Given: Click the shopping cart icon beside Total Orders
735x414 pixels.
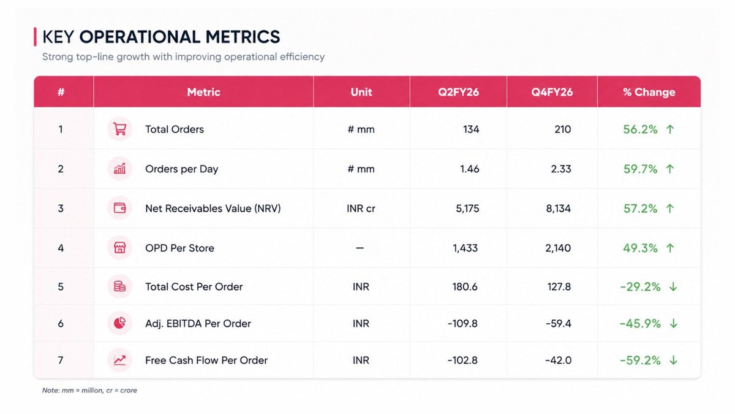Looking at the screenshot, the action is (119, 129).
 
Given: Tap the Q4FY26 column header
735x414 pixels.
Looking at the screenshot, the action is (552, 92).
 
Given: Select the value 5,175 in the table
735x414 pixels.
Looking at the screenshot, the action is (467, 209).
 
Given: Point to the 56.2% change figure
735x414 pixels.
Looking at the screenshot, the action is (640, 129).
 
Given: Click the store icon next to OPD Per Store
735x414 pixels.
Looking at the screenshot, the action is (119, 248).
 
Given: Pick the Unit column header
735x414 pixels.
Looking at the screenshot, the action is (361, 92).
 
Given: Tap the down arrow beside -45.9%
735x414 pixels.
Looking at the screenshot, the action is (673, 324).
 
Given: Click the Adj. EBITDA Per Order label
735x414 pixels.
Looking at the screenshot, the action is (198, 324).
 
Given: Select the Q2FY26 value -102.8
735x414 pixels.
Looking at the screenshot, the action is (462, 361).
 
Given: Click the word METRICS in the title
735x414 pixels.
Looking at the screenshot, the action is (243, 37).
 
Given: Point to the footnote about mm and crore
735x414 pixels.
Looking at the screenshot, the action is (89, 390).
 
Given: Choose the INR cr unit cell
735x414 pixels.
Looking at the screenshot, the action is (361, 209).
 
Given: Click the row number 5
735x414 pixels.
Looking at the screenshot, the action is (61, 287).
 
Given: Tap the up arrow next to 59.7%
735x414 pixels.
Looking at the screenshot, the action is (670, 169).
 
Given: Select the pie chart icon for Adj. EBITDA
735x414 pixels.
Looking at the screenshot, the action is (119, 323).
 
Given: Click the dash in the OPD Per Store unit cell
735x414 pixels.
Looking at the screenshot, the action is (360, 248).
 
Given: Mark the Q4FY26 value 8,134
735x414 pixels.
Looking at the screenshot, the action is (558, 209).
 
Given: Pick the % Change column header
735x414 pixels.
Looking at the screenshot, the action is (649, 92).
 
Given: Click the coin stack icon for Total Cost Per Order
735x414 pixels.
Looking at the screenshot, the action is (119, 286).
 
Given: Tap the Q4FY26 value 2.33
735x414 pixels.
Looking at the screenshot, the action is (561, 169).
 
